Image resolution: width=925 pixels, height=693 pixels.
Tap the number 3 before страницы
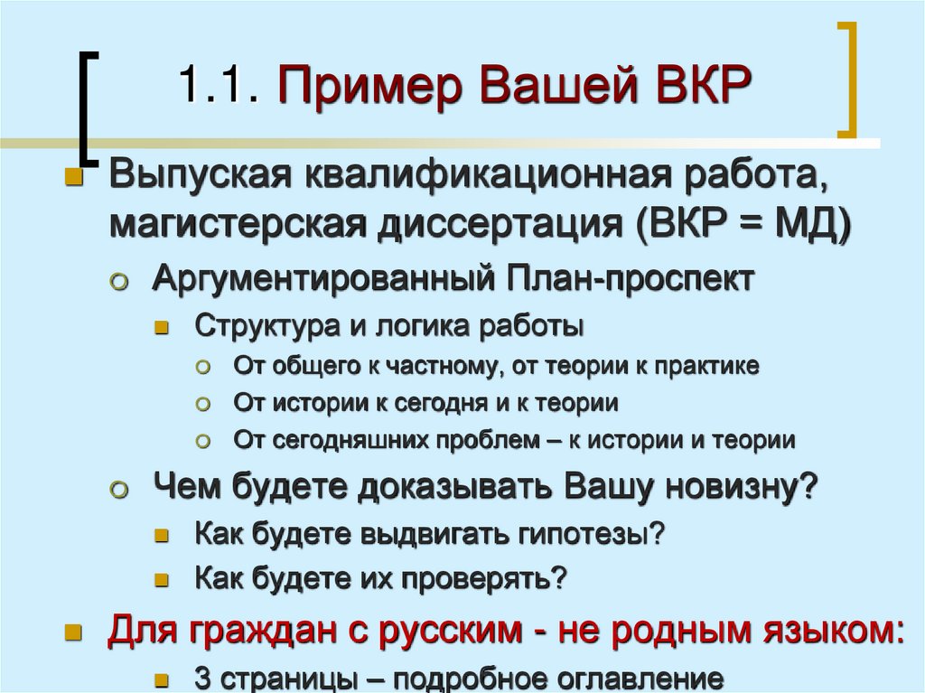click(202, 678)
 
